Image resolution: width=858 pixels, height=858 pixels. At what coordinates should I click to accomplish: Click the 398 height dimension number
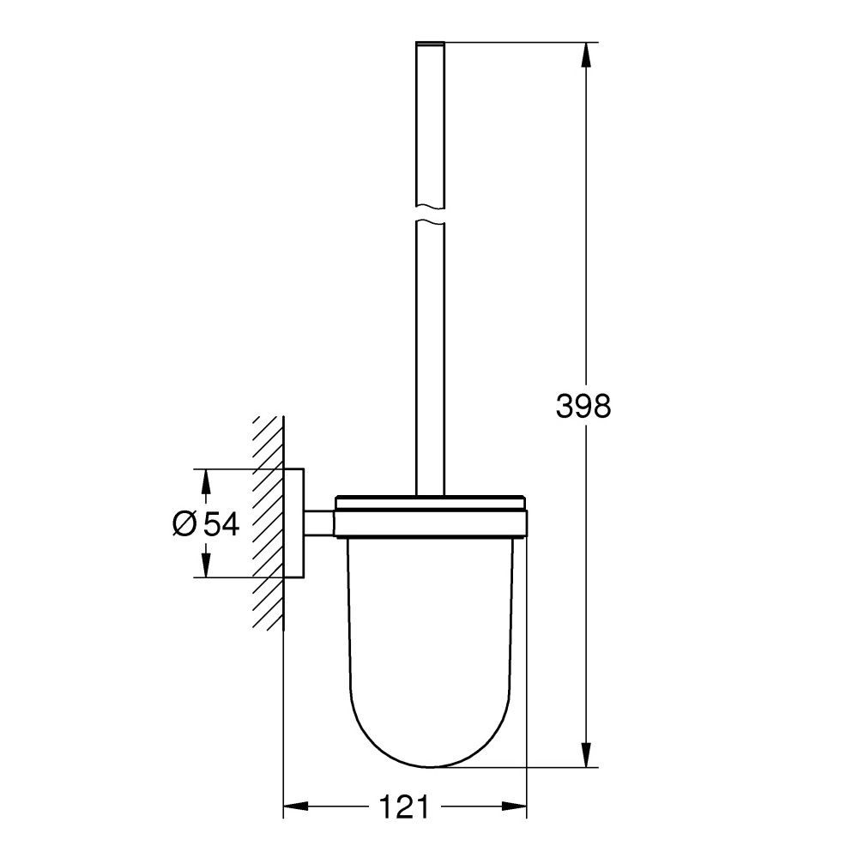pyautogui.click(x=583, y=405)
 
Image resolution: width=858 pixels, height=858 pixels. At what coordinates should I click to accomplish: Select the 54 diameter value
pyautogui.click(x=221, y=523)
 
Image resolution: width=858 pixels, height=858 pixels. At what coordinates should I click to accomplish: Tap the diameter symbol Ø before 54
pyautogui.click(x=184, y=523)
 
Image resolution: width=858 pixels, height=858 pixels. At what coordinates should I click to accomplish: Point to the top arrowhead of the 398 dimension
pyautogui.click(x=586, y=56)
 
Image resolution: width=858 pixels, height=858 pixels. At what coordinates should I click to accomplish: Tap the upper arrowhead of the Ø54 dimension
pyautogui.click(x=205, y=481)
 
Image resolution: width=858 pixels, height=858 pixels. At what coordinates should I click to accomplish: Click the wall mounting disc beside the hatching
pyautogui.click(x=294, y=523)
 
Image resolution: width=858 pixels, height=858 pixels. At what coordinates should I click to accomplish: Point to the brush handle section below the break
pyautogui.click(x=431, y=360)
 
